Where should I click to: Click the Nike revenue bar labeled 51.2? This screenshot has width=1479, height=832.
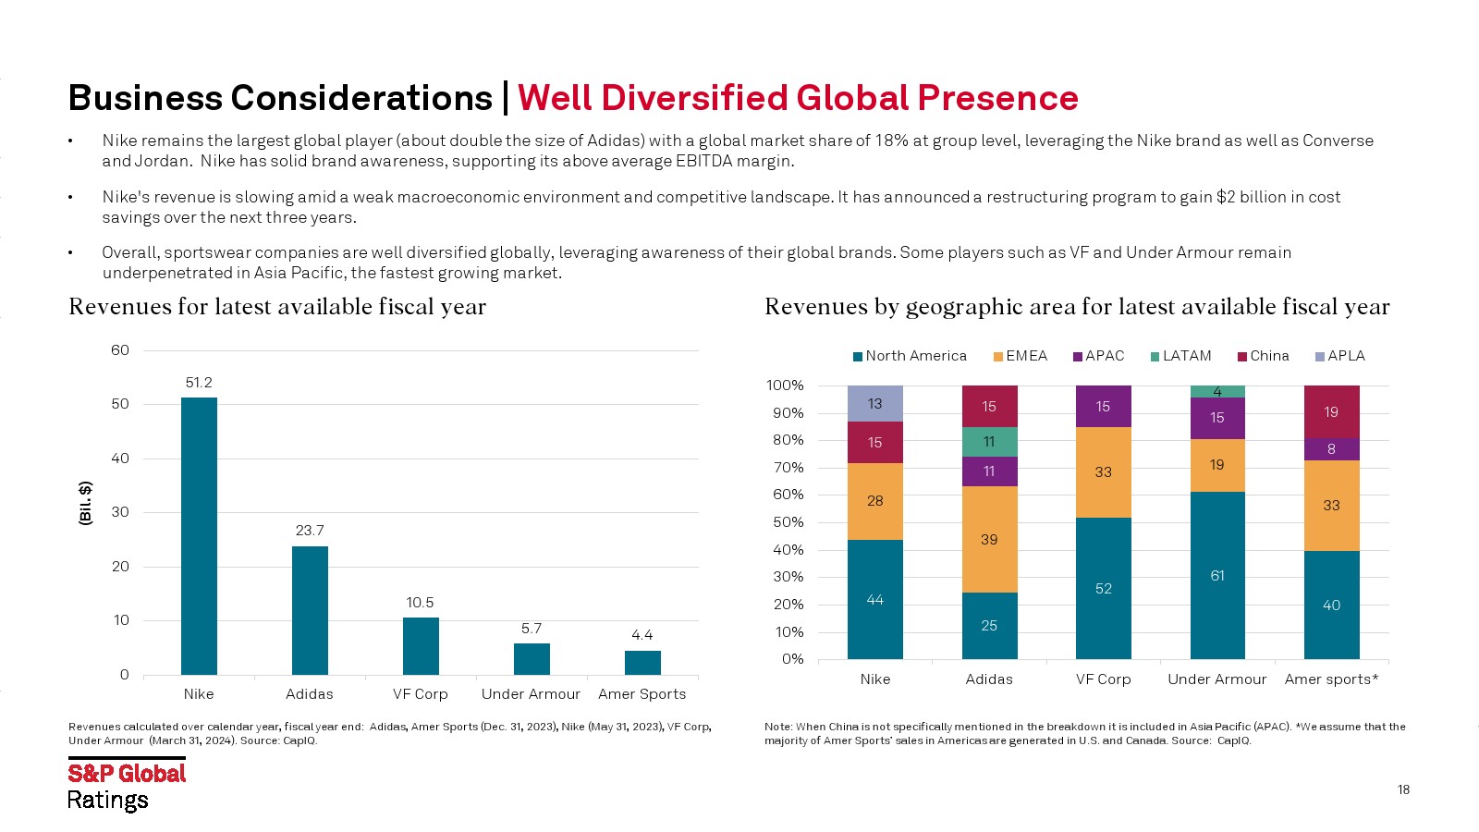199,536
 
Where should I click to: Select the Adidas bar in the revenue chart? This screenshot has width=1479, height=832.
310,610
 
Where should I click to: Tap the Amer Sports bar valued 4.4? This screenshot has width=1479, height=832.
642,663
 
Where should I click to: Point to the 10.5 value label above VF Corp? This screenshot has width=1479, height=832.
420,603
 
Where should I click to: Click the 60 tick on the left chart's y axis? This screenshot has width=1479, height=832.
120,350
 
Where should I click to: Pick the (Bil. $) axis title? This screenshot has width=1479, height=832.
85,503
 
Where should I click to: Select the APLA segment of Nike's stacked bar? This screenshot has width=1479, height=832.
874,404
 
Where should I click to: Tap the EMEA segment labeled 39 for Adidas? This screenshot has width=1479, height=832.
989,539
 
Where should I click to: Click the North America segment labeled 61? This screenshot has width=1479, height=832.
1217,575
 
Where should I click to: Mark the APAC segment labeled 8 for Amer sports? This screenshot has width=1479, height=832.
1331,449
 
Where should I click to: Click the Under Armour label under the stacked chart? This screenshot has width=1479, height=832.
1216,679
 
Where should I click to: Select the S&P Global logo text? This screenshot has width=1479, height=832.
127,774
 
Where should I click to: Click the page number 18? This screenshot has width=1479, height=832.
1403,789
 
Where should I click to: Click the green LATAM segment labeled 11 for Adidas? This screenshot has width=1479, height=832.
989,442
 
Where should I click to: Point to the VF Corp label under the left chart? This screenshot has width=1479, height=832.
420,694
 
